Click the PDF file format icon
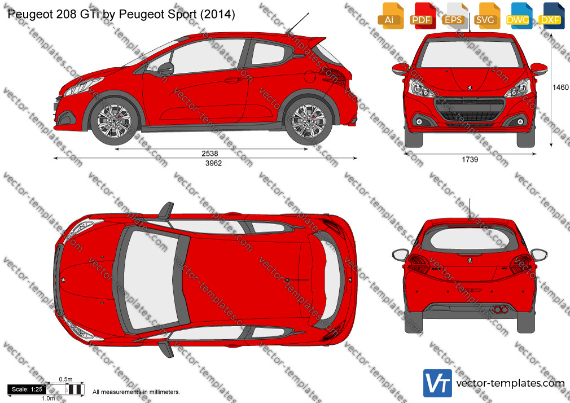coord(422,16)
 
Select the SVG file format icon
coord(486,16)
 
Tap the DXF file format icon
coord(550,16)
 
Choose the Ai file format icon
coord(390,16)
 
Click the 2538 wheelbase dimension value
coord(210,154)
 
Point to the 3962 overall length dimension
coord(213,163)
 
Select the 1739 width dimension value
coord(470,159)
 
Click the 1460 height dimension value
coord(560,87)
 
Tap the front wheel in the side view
coord(114,120)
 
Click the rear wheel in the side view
coord(308,120)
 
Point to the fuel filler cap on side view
coord(310,76)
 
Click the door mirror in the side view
coord(166,68)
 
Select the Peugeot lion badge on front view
coord(470,87)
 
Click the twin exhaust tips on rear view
coord(501,310)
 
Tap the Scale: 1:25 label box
coord(27,389)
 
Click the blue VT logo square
coord(438,383)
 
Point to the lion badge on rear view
coord(470,260)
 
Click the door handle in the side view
coord(233,80)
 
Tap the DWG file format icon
coord(518,16)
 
